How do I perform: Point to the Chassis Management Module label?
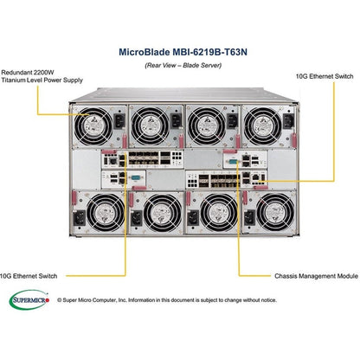311,275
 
